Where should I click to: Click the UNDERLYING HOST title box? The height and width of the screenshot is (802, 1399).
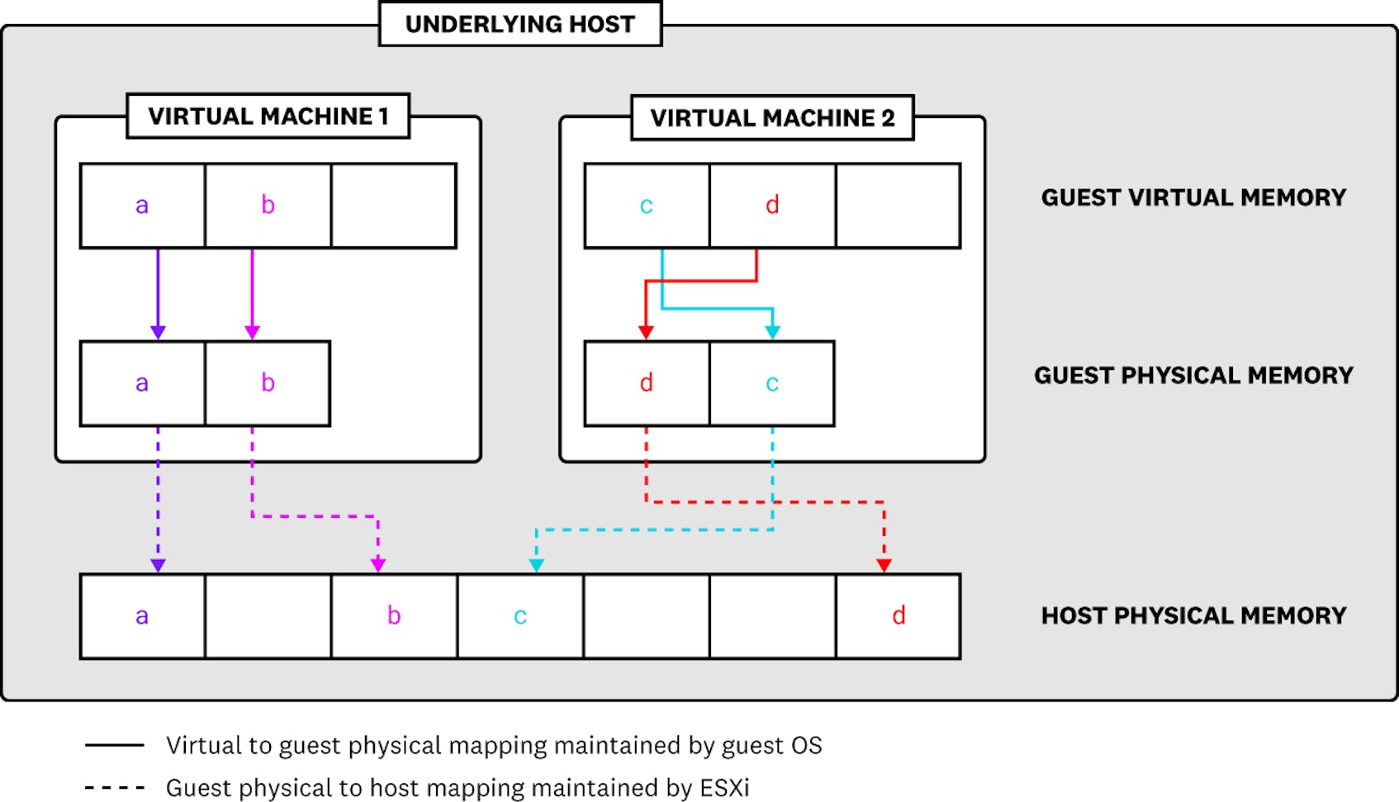[x=520, y=24]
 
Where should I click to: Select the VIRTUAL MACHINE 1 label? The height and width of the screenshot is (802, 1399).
[x=268, y=116]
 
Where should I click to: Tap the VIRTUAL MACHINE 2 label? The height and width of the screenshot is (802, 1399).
[x=772, y=118]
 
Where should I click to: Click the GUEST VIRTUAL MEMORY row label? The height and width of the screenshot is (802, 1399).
[x=1193, y=197]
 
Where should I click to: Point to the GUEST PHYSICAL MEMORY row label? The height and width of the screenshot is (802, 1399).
[x=1193, y=376]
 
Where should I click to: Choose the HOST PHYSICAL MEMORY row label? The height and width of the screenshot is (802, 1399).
[x=1193, y=616]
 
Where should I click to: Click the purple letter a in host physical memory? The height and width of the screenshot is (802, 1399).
[x=142, y=616]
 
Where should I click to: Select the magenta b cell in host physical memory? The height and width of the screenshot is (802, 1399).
[x=394, y=616]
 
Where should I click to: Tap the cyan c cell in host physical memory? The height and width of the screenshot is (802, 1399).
[x=520, y=616]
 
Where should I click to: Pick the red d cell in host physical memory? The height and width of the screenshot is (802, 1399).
[x=899, y=616]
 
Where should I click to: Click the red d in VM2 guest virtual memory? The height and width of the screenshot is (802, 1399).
[x=772, y=205]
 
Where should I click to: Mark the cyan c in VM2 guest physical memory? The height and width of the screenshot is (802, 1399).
[x=772, y=383]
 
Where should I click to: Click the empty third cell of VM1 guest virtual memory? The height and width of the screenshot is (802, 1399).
[x=394, y=206]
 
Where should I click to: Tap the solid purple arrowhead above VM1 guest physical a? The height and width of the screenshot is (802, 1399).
[x=158, y=332]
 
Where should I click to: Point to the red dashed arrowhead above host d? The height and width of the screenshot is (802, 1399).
[x=884, y=566]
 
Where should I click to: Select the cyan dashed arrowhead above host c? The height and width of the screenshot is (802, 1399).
[x=536, y=566]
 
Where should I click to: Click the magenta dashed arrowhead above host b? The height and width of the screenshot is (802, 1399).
[x=378, y=566]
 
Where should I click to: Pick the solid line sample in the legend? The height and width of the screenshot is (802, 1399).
[x=115, y=746]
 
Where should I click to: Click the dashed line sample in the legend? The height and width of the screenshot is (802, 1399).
[x=115, y=788]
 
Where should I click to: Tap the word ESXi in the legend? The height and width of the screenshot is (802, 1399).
[x=724, y=788]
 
